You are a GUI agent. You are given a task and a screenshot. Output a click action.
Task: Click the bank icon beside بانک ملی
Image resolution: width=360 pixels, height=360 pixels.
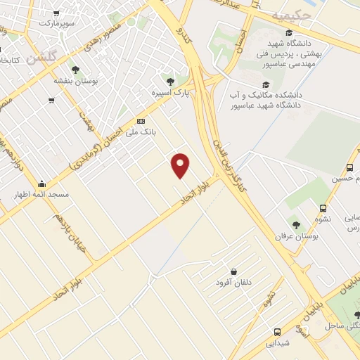click(141, 121)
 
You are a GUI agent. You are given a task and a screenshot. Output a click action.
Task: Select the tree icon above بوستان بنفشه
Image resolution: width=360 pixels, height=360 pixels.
click(75, 69)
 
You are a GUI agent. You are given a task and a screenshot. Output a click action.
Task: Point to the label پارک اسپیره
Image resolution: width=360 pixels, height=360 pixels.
click(170, 92)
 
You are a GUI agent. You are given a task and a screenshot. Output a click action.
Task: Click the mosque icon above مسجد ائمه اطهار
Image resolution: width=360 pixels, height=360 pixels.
click(41, 184)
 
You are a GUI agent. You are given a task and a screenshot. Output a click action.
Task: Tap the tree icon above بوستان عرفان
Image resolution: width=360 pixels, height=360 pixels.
click(295, 225)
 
